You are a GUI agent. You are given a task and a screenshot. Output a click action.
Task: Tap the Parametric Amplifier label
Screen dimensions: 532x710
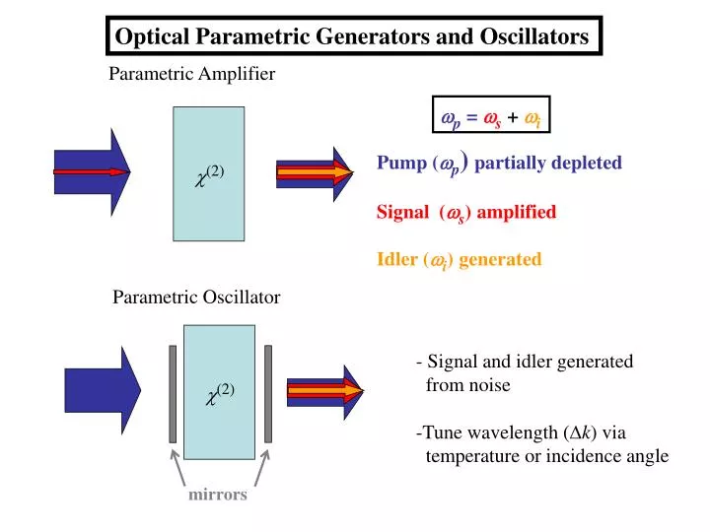[x=191, y=74]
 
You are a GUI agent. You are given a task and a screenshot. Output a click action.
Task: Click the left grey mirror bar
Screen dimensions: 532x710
[x=173, y=394]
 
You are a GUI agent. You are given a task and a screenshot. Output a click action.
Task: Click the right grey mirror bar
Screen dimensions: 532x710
[x=266, y=394]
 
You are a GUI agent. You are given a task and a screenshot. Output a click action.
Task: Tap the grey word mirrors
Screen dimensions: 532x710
[x=218, y=495]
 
